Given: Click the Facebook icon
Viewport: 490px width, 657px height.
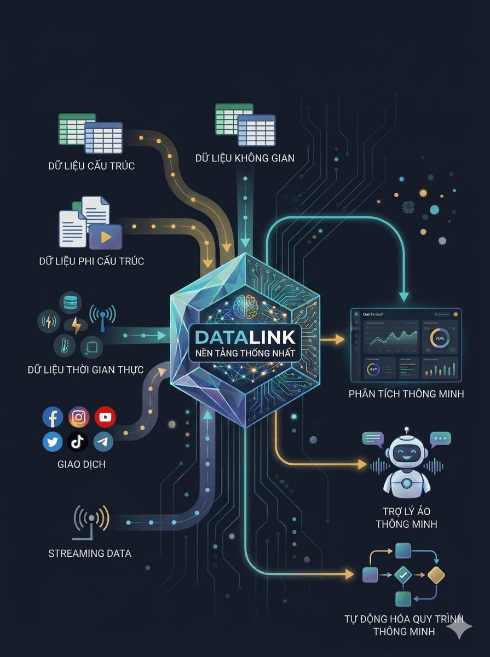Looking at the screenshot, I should coord(53,418).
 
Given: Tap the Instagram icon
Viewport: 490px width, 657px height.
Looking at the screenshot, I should coord(79,417).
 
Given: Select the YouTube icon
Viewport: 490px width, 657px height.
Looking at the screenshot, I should coord(105,417).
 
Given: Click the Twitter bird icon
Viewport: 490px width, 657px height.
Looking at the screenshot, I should coord(53,441).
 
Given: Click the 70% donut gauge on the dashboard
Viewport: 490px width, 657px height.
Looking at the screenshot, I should coord(439,338).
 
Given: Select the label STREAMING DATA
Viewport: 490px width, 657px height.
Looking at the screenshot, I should coord(90,553).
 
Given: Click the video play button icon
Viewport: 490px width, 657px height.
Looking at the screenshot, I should coord(106,237).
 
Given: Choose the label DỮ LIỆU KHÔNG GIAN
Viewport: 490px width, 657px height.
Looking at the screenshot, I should coord(245,158).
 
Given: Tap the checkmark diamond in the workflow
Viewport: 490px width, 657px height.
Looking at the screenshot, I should coord(403,575).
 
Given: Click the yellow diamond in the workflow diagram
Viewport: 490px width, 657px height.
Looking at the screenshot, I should coord(436,575).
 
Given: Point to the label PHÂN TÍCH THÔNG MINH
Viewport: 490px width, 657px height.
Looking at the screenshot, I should coord(406,394).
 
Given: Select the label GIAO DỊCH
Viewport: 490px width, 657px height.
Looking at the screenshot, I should coord(82,464).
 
